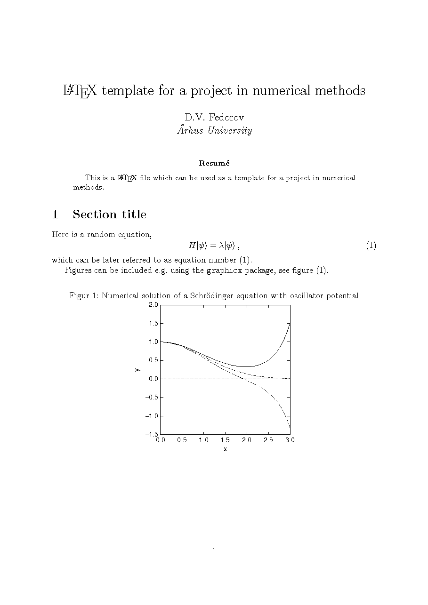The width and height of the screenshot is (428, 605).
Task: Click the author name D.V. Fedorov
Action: [x=214, y=117]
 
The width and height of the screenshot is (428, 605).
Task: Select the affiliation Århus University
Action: [x=214, y=130]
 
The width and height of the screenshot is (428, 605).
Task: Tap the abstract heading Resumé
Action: [x=214, y=163]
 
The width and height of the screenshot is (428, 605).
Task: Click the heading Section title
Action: [x=109, y=215]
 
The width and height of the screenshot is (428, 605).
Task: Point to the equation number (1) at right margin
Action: [x=371, y=246]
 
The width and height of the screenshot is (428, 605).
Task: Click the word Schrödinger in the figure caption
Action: [x=211, y=296]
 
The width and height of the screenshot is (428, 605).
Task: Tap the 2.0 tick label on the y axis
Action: [x=153, y=305]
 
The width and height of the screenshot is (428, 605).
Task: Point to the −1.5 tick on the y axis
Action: [x=152, y=434]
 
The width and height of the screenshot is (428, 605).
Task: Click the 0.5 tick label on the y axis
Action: [x=153, y=360]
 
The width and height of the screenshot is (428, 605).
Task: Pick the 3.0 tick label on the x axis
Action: [x=290, y=440]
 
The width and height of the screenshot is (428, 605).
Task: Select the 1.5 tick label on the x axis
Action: [x=225, y=440]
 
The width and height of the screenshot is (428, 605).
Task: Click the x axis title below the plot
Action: [x=225, y=449]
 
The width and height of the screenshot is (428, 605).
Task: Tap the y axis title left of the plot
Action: [x=137, y=370]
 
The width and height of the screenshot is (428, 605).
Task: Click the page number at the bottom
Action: [x=214, y=550]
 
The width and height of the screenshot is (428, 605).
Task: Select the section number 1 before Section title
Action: [x=55, y=215]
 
